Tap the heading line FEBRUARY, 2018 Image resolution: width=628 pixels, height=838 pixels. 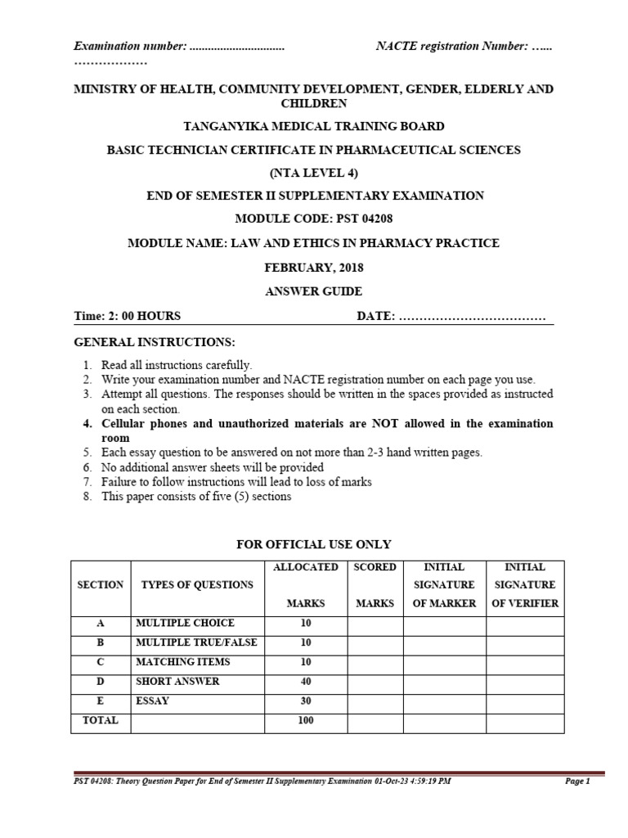tap(314, 267)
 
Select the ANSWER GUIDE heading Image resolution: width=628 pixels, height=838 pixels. tap(314, 291)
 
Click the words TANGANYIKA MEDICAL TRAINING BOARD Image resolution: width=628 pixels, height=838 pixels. tap(314, 126)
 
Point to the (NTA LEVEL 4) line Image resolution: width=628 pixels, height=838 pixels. tap(314, 173)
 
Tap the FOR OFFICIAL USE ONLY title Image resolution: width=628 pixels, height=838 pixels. tap(314, 544)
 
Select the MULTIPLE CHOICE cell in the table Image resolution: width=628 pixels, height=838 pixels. tap(185, 623)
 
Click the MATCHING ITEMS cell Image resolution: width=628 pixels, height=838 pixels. tap(182, 661)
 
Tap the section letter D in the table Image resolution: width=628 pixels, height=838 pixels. tap(101, 681)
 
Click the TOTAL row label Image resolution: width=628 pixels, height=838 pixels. tap(101, 720)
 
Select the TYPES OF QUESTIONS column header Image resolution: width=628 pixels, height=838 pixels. tap(196, 585)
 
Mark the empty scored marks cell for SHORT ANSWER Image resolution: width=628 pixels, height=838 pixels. tap(375, 681)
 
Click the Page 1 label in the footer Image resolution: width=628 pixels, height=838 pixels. tap(576, 782)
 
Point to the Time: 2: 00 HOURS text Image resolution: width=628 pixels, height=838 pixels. tap(128, 316)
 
